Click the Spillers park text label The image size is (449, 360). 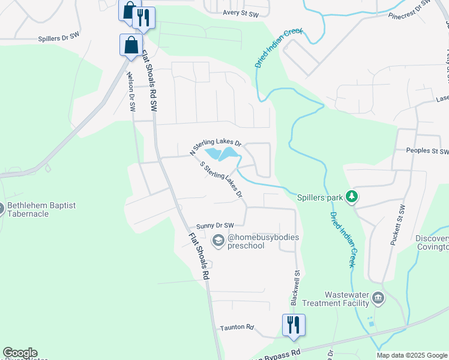pos(319,197)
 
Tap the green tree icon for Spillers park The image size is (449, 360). pos(352,196)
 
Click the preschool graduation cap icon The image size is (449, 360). pos(218,241)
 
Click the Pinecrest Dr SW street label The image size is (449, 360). pos(409,9)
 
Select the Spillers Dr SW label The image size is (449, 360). pos(59,37)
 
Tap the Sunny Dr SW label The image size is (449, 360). pos(214,226)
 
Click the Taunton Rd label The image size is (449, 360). pos(237,327)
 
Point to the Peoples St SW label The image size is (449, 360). pos(427,151)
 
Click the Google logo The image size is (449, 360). pos(20,353)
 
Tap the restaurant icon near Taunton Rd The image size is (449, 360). pos(294,325)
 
